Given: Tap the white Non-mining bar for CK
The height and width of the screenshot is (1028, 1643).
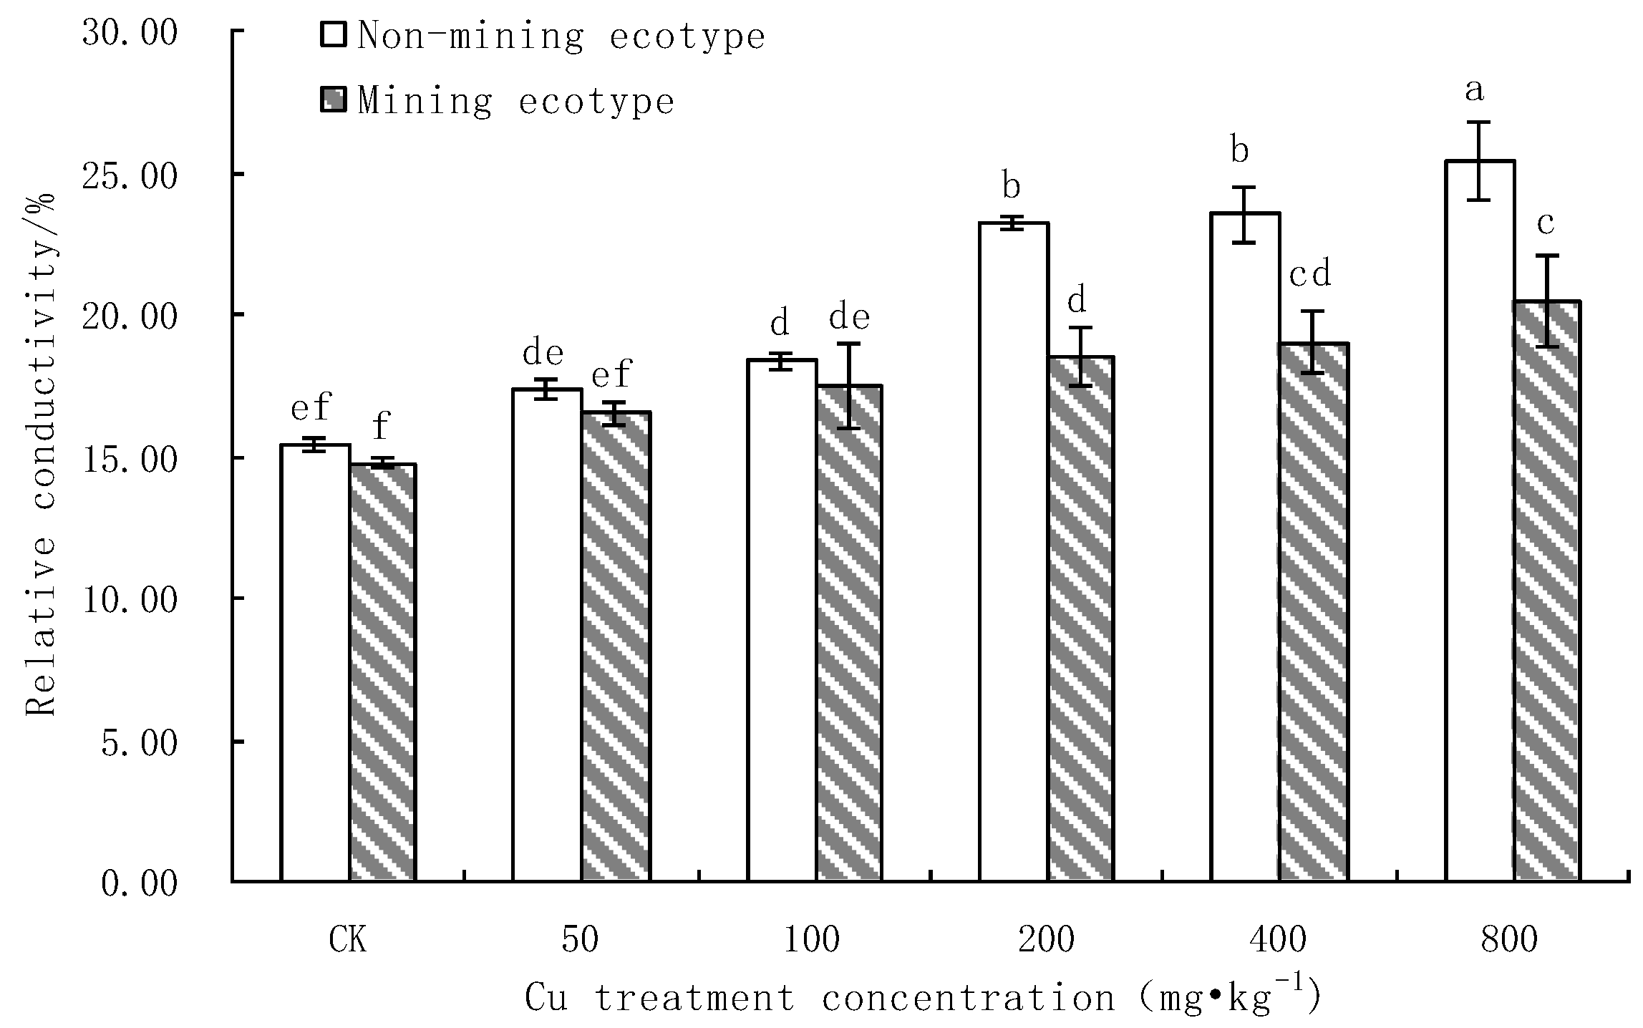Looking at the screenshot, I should (315, 662).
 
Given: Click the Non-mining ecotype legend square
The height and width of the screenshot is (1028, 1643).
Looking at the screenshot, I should (334, 34).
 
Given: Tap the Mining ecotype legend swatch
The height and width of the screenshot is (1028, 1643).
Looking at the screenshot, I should (334, 100).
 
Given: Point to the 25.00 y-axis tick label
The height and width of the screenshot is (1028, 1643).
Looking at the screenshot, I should (130, 176).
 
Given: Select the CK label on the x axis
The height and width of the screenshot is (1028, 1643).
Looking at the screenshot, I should (348, 940).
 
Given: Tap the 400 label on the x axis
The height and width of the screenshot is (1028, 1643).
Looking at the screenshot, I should (1279, 940).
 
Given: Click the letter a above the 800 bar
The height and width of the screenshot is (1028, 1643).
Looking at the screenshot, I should (1474, 92).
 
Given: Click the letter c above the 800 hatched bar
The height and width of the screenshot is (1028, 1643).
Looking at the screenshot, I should (1546, 224).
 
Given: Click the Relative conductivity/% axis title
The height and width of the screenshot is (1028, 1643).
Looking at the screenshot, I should (42, 455).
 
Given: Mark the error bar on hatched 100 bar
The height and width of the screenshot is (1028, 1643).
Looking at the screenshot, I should (849, 386).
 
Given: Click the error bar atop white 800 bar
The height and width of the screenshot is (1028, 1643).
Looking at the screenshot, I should (1480, 161).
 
